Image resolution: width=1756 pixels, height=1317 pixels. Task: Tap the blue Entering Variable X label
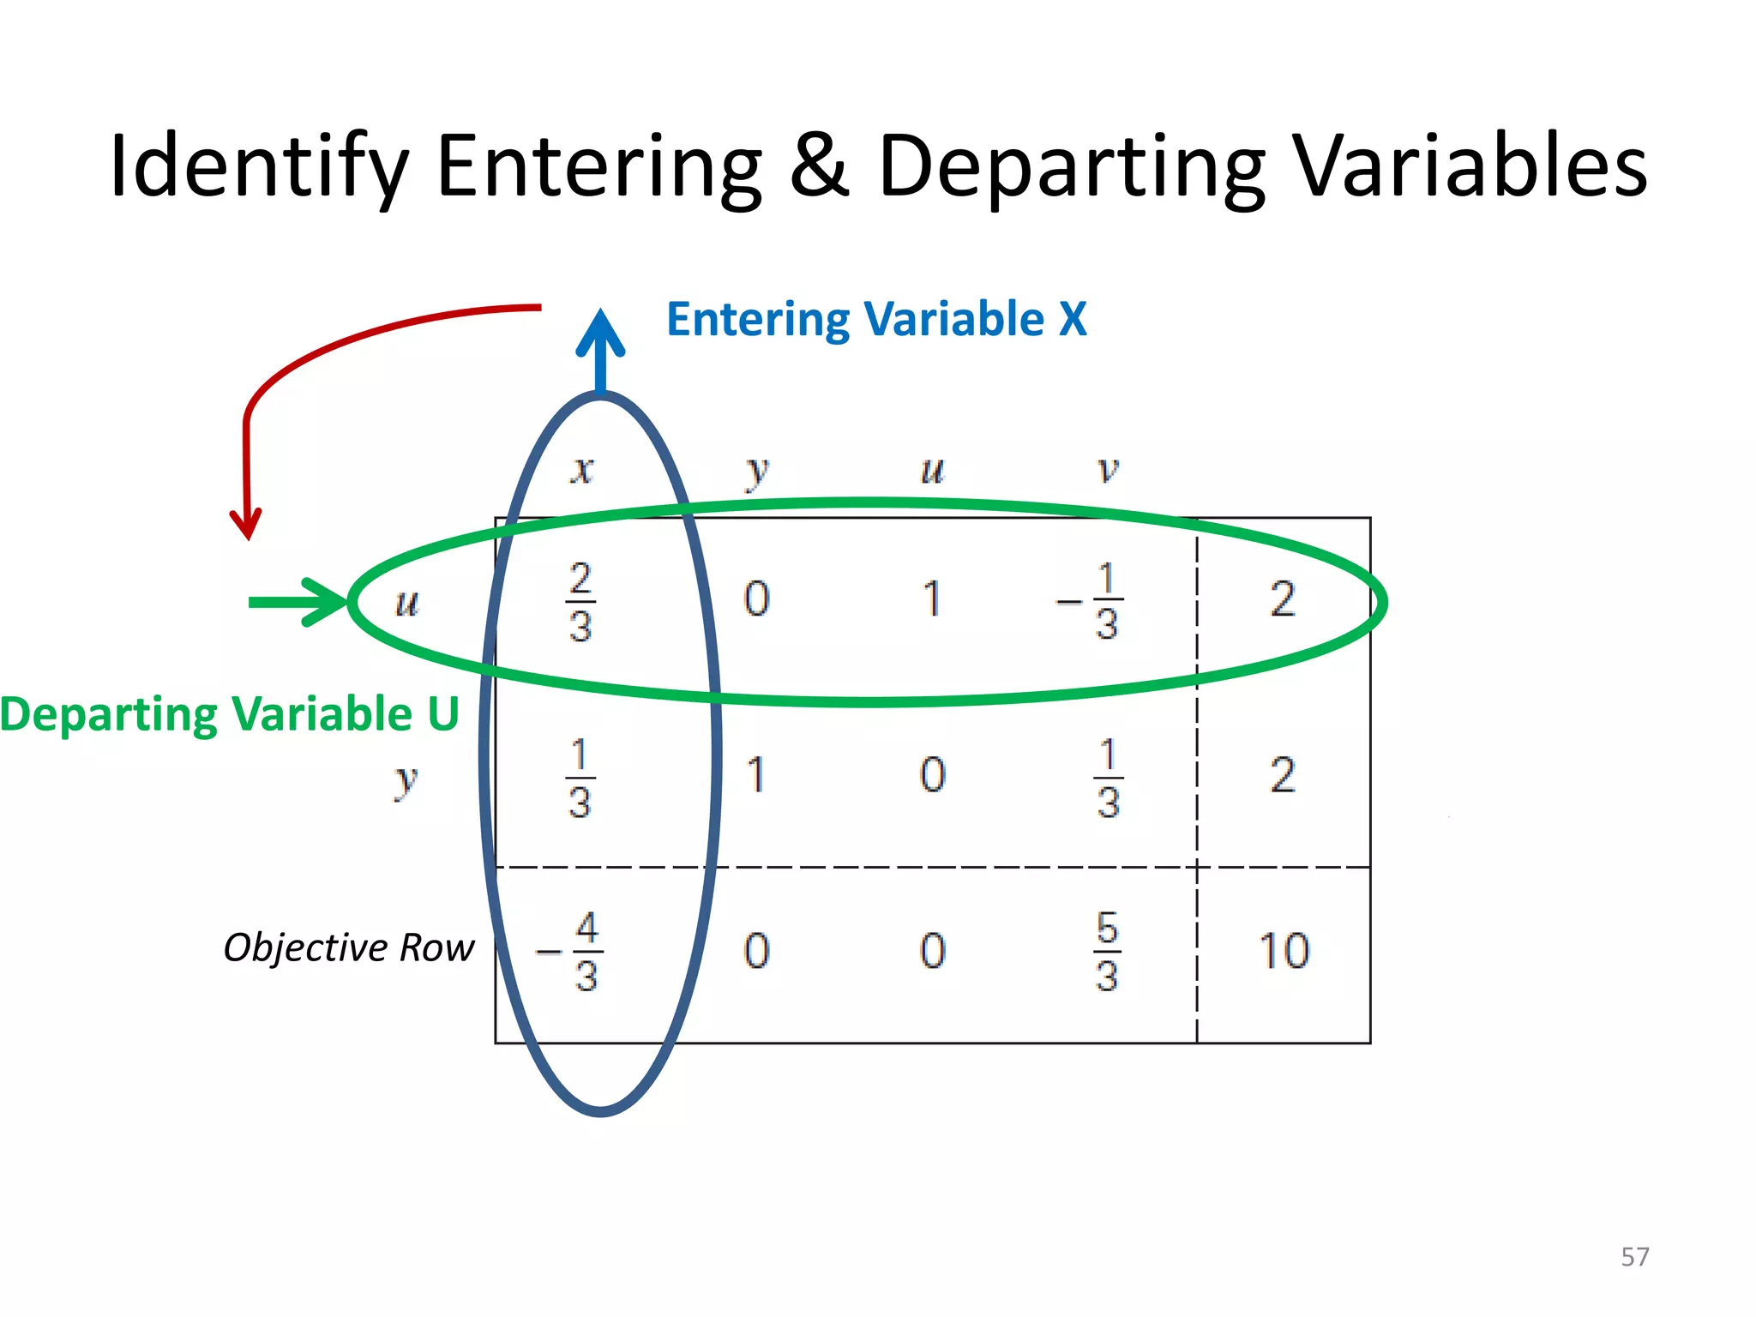[x=876, y=319]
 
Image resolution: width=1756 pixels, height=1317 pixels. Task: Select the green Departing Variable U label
[x=230, y=714]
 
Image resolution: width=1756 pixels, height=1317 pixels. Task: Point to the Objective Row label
[x=348, y=947]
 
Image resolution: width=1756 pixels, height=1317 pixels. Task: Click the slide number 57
[x=1634, y=1257]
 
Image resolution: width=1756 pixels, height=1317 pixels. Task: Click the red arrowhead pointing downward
[x=247, y=523]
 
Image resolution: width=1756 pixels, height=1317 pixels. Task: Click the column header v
[x=1108, y=469]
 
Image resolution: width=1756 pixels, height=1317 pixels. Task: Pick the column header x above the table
[x=582, y=469]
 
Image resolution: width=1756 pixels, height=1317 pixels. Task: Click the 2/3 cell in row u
[x=580, y=601]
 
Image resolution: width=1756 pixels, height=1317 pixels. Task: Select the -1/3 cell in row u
[x=1093, y=601]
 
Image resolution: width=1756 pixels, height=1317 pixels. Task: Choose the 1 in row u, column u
[x=932, y=598]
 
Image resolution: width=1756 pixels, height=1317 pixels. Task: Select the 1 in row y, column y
[x=755, y=775]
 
